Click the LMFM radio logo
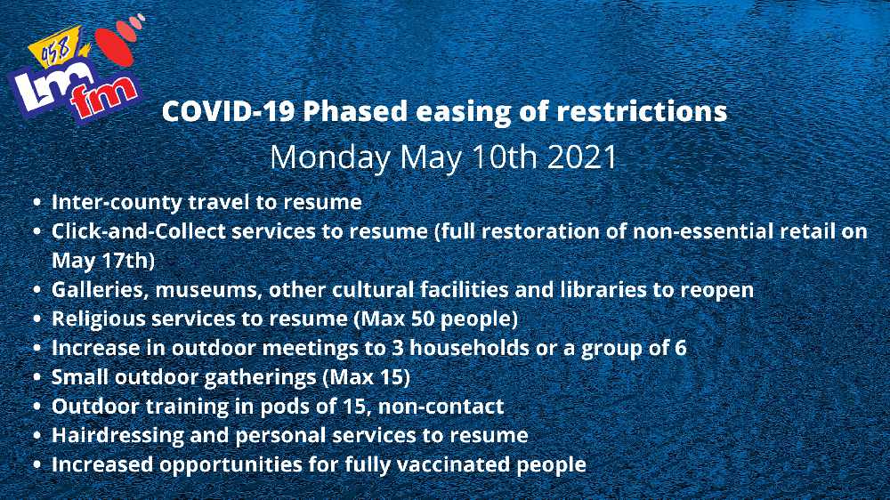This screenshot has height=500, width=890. [76, 69]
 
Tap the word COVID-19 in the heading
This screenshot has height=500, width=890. [229, 112]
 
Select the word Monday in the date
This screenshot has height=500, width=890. [330, 158]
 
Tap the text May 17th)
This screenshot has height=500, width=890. [103, 261]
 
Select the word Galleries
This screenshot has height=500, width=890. [100, 290]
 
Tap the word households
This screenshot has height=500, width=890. [469, 348]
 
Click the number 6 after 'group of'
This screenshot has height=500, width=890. [681, 348]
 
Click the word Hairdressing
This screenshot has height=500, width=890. [118, 436]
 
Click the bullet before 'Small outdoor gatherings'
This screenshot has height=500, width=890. [37, 377]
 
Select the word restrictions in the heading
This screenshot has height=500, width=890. [642, 112]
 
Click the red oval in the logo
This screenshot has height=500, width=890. [114, 45]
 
